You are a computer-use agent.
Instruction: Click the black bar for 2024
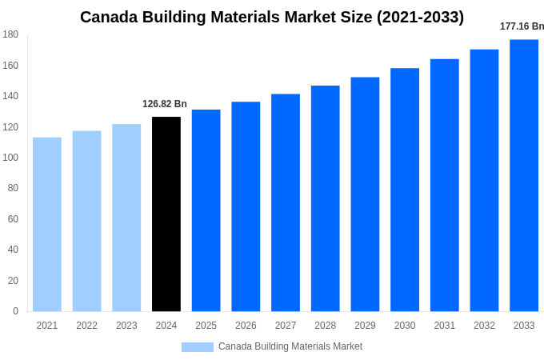click(166, 214)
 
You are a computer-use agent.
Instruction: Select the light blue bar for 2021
click(47, 225)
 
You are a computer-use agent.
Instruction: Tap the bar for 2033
click(524, 175)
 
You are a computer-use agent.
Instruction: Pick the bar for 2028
click(326, 198)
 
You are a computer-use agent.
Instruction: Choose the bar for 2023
click(126, 218)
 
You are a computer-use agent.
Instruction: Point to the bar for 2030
click(405, 190)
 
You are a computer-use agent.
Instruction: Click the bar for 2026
click(246, 206)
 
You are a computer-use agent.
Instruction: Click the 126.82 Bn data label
click(165, 104)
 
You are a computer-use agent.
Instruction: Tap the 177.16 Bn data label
click(522, 26)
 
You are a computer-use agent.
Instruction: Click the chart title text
click(272, 17)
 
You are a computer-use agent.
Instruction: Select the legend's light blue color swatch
click(198, 346)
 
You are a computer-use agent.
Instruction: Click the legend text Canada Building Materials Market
click(290, 346)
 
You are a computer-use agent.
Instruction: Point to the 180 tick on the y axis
click(10, 34)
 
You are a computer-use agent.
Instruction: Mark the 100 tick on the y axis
click(10, 158)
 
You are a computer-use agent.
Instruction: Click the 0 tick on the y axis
click(15, 311)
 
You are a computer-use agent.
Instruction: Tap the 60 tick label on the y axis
click(13, 219)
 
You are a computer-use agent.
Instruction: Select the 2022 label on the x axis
click(86, 326)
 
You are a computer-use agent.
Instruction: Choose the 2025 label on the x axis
click(206, 326)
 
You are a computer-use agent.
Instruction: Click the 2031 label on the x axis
click(445, 326)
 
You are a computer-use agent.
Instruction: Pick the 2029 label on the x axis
click(365, 326)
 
